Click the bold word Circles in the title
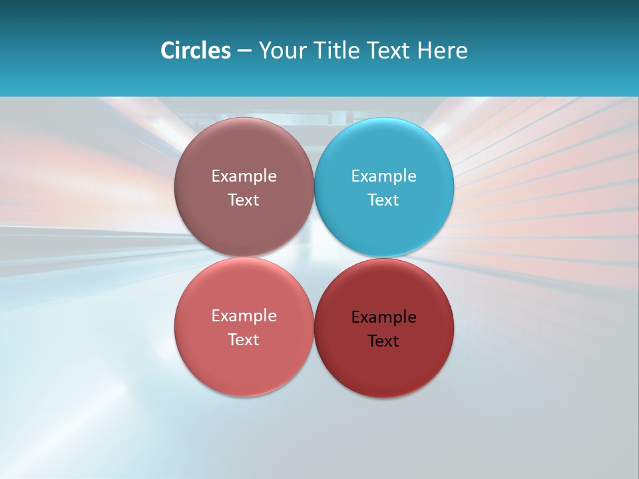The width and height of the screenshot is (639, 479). coord(195,51)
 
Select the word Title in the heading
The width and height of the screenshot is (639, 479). coord(334,51)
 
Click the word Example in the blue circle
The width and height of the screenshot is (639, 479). coord(383,176)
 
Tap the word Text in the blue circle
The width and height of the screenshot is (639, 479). coord(383,200)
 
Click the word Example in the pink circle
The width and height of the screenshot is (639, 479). coord(244,316)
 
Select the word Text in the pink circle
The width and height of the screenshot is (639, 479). coord(244,340)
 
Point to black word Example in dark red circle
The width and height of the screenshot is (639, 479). coord(383,317)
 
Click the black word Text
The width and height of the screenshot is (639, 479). coord(383,341)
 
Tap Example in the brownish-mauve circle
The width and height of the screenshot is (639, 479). coord(244,176)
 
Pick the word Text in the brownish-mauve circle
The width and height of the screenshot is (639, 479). coord(244,200)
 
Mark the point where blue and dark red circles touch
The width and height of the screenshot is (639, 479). coord(384,257)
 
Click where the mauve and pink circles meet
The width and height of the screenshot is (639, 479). coord(244,257)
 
